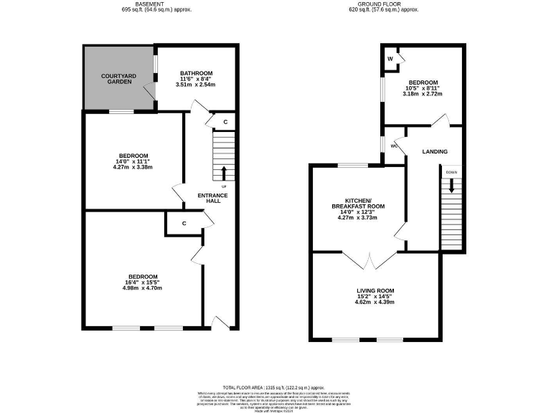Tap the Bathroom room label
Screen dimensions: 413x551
pyautogui.click(x=196, y=73)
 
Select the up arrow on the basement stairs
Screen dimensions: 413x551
pyautogui.click(x=223, y=173)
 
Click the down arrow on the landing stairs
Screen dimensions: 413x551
pyautogui.click(x=451, y=185)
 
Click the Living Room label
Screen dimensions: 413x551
pyautogui.click(x=375, y=290)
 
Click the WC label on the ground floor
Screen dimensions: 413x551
pyautogui.click(x=394, y=146)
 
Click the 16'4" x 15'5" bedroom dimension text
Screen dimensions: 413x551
pyautogui.click(x=143, y=283)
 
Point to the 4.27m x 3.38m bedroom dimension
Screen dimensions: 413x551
pyautogui.click(x=133, y=168)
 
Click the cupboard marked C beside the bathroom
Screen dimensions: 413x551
pyautogui.click(x=225, y=123)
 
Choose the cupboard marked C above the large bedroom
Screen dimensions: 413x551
pyautogui.click(x=184, y=224)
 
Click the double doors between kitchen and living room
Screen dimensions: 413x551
pyautogui.click(x=369, y=260)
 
